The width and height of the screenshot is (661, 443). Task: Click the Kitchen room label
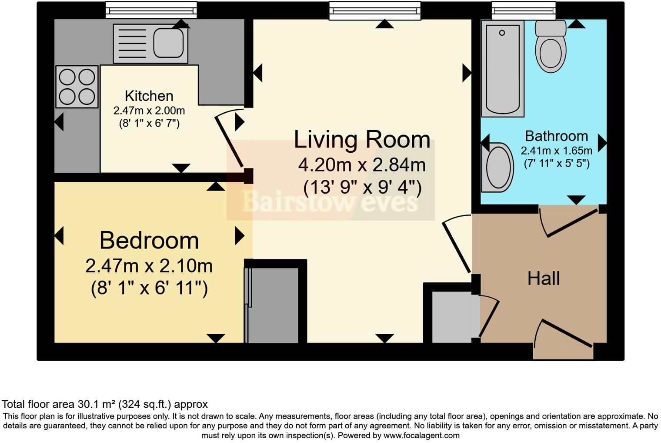[x=149, y=96]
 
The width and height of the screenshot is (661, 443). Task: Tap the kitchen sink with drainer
[x=150, y=44]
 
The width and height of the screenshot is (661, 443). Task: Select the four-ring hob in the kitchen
[x=77, y=87]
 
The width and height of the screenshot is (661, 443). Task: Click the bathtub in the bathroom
[x=502, y=68]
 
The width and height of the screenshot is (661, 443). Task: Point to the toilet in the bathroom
[x=551, y=47]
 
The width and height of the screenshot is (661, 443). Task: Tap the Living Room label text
[x=362, y=140]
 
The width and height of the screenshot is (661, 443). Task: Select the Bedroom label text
[x=149, y=241]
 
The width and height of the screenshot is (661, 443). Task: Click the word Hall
[x=543, y=279]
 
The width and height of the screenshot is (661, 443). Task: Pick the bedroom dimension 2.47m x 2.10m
[x=149, y=266]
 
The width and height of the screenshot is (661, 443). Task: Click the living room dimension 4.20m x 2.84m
[x=362, y=165]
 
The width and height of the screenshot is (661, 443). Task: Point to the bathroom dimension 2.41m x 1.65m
[x=556, y=151]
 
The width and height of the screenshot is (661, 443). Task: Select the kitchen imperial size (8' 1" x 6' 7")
[x=149, y=124]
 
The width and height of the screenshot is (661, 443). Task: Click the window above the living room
[x=375, y=10]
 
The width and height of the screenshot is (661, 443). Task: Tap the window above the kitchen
[x=151, y=10]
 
